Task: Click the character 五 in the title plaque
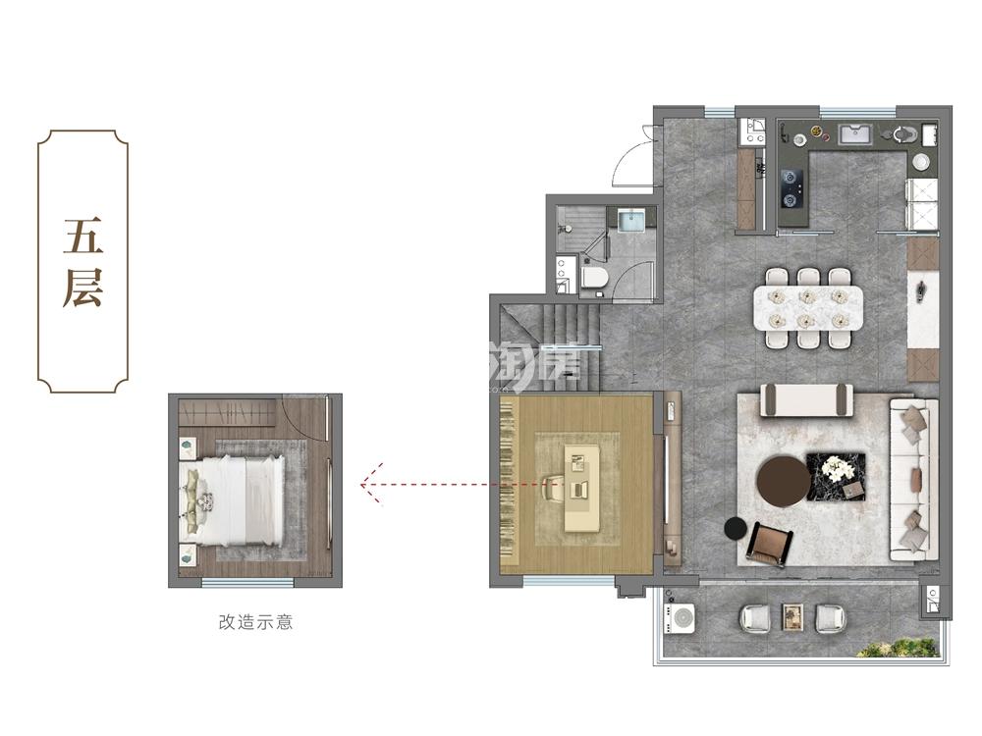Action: (x=82, y=236)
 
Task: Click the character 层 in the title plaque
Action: (x=82, y=289)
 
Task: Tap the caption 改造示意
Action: (x=255, y=621)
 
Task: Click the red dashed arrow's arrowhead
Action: (x=371, y=484)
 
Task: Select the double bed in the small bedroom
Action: (x=232, y=500)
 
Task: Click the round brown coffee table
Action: (x=784, y=481)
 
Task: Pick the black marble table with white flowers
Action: (x=836, y=476)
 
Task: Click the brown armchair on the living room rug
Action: (x=770, y=544)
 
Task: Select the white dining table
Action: (x=808, y=307)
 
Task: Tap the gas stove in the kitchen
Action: (x=791, y=187)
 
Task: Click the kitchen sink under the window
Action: (x=855, y=135)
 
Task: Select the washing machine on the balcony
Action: (x=680, y=617)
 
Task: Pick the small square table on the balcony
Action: (x=792, y=616)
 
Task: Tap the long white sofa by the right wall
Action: (x=913, y=480)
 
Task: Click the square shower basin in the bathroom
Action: (x=630, y=220)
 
